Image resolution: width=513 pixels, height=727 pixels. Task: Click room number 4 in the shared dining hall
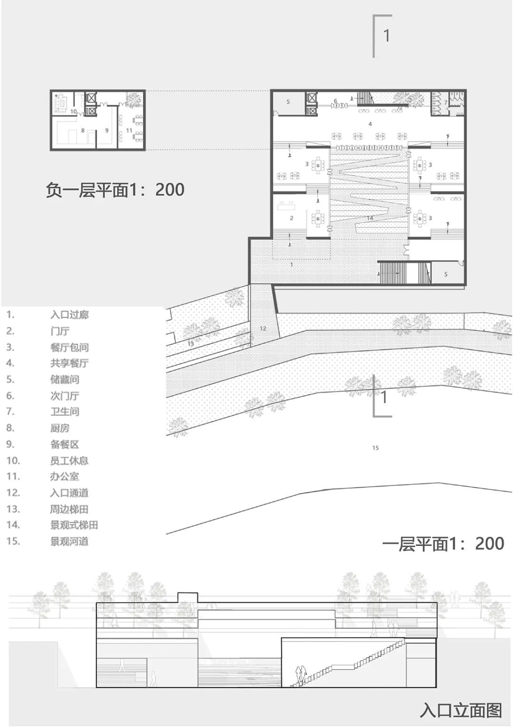(x=370, y=124)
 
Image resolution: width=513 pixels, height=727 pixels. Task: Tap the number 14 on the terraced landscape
(x=370, y=218)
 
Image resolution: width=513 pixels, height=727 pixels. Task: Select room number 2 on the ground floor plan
(x=292, y=218)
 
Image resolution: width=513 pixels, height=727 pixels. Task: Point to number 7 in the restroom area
(x=446, y=102)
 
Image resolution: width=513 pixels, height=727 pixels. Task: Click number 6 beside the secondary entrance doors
(x=335, y=101)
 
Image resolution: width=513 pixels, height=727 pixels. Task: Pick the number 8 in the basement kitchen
(x=83, y=130)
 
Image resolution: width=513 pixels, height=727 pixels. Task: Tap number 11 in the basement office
(x=129, y=131)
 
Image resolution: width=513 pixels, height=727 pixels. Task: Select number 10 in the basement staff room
(x=74, y=112)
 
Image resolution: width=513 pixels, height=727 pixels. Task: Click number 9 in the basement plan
(x=107, y=130)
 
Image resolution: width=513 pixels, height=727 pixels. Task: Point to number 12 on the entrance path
(x=263, y=328)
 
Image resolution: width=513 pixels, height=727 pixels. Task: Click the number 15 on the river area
(x=375, y=448)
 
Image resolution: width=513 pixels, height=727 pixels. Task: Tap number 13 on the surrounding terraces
(x=190, y=343)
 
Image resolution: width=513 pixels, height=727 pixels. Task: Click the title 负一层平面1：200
(x=115, y=190)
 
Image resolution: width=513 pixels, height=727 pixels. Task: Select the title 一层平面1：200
(x=443, y=544)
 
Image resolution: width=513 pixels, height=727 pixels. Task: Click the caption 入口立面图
(x=461, y=710)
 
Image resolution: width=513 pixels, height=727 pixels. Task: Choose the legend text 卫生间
(x=65, y=412)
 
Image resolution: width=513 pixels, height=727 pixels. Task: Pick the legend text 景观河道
(x=69, y=541)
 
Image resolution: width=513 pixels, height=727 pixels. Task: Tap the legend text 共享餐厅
(x=69, y=363)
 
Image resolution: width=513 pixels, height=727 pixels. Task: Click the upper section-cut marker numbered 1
(x=387, y=35)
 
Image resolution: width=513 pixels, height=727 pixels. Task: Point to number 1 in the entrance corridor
(x=292, y=264)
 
